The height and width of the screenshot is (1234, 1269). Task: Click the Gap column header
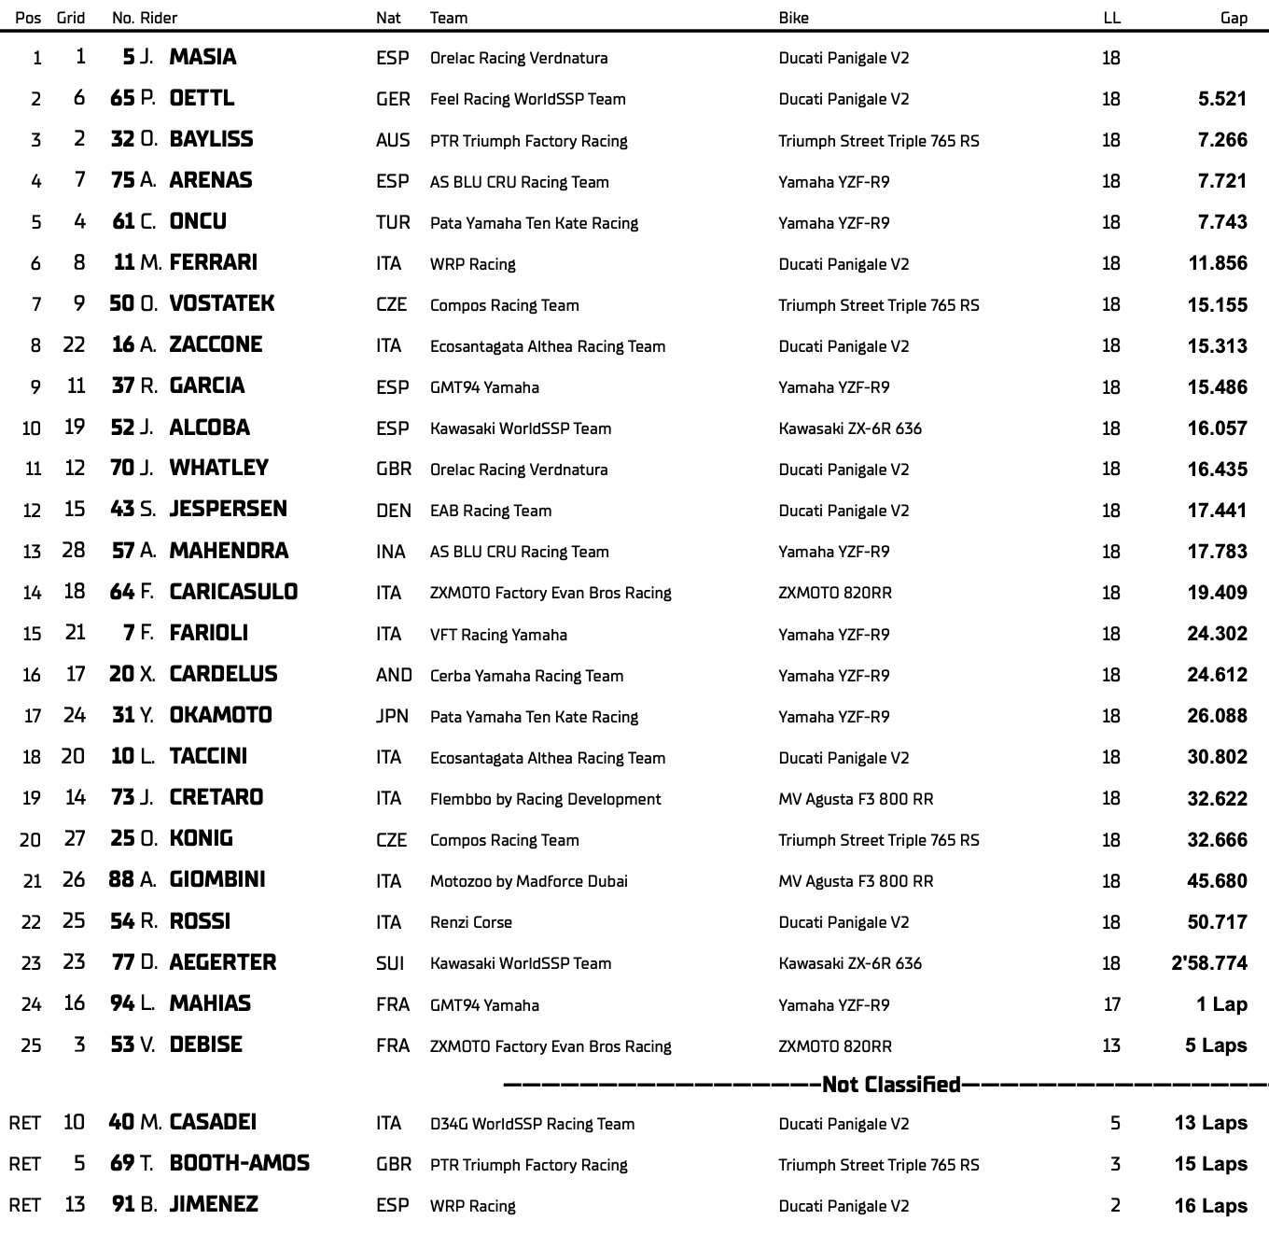[1234, 18]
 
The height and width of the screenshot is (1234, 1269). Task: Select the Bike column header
[793, 18]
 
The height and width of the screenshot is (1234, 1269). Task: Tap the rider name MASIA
[202, 57]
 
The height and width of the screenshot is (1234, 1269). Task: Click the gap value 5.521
[1222, 99]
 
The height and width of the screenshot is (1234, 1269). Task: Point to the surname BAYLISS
[211, 139]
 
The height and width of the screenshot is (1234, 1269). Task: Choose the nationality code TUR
[393, 222]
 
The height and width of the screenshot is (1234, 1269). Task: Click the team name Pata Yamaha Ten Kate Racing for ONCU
[534, 223]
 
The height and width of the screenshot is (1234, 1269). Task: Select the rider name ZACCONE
[216, 344]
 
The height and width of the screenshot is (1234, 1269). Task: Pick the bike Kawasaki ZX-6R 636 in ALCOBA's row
[850, 428]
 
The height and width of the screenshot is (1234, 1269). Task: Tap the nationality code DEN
[393, 511]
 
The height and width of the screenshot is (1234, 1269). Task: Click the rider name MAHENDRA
[229, 551]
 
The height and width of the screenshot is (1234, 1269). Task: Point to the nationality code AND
[394, 675]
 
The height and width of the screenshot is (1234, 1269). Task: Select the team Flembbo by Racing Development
[545, 799]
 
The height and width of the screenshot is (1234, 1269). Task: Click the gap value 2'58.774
[1209, 962]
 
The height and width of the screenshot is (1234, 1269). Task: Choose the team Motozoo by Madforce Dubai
[528, 881]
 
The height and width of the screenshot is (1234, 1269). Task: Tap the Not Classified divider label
[891, 1085]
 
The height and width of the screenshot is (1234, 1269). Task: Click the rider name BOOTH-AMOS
[240, 1163]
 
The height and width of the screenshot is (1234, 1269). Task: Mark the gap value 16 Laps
[1210, 1205]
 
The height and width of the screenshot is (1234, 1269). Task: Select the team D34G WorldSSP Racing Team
[532, 1124]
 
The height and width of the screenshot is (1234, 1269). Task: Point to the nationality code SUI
[390, 962]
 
